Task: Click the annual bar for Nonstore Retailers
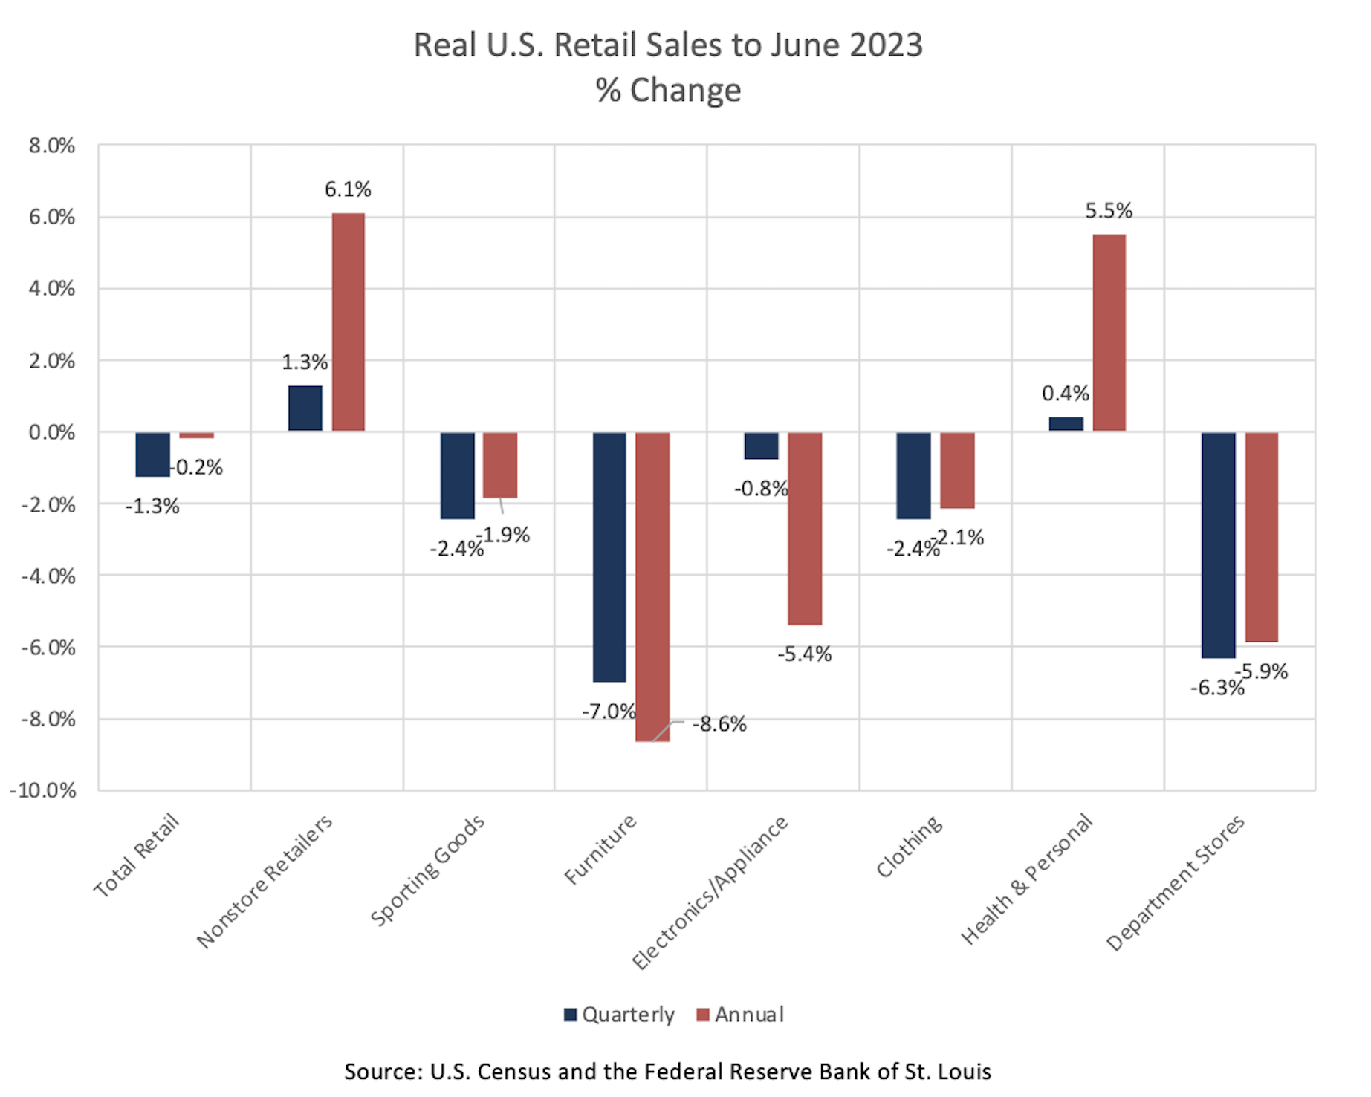point(348,322)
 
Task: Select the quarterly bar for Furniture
point(609,556)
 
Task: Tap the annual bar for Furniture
point(652,586)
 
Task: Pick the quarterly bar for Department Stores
point(1218,544)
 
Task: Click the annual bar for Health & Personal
point(1109,332)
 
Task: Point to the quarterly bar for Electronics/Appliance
point(761,446)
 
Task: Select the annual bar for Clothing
point(957,470)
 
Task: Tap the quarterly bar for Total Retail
point(152,454)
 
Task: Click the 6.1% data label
point(348,189)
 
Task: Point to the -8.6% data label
point(719,724)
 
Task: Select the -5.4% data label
point(805,654)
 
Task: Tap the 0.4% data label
point(1065,394)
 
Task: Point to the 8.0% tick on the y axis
point(52,146)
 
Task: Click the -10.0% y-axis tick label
point(43,790)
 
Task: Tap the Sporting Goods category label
point(428,870)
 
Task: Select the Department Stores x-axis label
point(1176,882)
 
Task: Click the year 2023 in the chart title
point(886,45)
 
